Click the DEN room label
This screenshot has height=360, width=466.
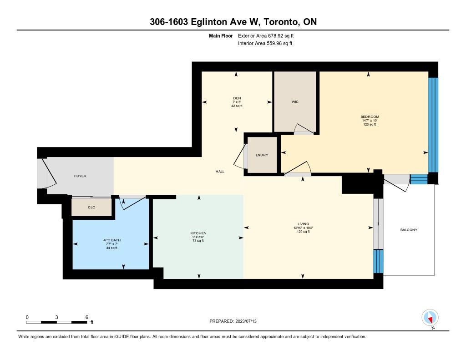[x=237, y=98]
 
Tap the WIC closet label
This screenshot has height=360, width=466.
[x=295, y=102]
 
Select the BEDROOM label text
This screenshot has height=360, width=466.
[x=370, y=117]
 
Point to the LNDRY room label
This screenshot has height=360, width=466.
[x=262, y=155]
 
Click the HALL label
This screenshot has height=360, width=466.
[x=220, y=172]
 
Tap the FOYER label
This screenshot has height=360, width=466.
[x=80, y=176]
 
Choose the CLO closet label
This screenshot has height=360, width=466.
[x=91, y=207]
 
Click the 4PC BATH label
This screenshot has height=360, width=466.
[x=112, y=240]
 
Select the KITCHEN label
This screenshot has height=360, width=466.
[x=198, y=233]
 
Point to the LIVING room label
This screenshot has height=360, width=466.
[x=304, y=224]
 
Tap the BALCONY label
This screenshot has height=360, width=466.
[x=409, y=230]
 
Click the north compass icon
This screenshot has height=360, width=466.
[x=430, y=318]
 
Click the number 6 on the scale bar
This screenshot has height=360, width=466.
[x=87, y=317]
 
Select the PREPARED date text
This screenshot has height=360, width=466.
[x=233, y=321]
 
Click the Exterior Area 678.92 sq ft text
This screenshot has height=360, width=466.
[x=266, y=36]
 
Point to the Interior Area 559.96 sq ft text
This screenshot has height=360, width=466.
[x=265, y=43]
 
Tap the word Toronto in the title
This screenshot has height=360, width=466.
[x=281, y=22]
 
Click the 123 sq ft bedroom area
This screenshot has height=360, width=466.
[x=370, y=125]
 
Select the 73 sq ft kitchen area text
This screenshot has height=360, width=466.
[x=198, y=241]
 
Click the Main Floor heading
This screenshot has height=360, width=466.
[x=221, y=36]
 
